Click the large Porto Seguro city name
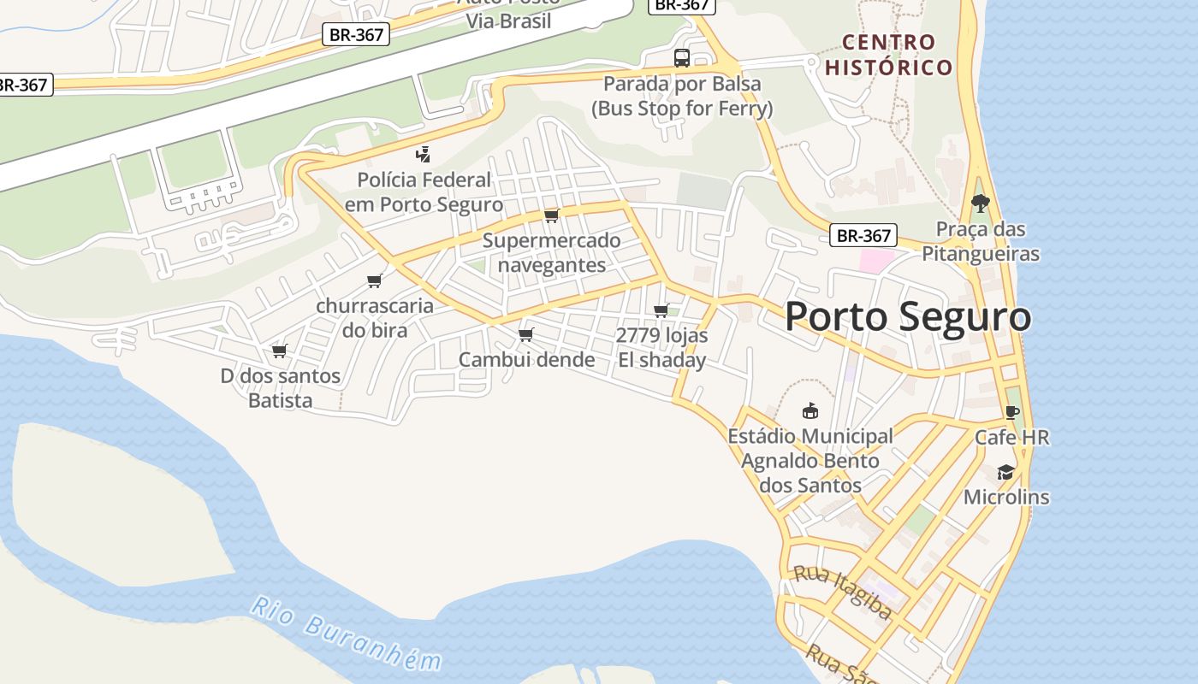click(907, 317)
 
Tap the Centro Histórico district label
click(888, 55)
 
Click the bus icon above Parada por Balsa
click(681, 58)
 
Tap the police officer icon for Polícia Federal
click(423, 155)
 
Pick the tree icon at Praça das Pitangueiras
click(980, 203)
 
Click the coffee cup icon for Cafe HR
click(1012, 412)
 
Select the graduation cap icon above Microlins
click(1005, 472)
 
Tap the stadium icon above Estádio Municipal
click(810, 411)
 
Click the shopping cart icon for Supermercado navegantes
click(552, 215)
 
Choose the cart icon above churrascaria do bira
click(374, 280)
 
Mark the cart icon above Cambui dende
click(525, 334)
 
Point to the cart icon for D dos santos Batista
click(279, 351)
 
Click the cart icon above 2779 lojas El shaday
click(661, 310)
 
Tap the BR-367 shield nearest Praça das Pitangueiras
click(863, 236)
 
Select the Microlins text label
click(1006, 497)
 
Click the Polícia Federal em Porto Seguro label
click(424, 192)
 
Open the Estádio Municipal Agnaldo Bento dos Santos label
click(810, 461)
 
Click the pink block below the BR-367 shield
click(876, 261)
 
